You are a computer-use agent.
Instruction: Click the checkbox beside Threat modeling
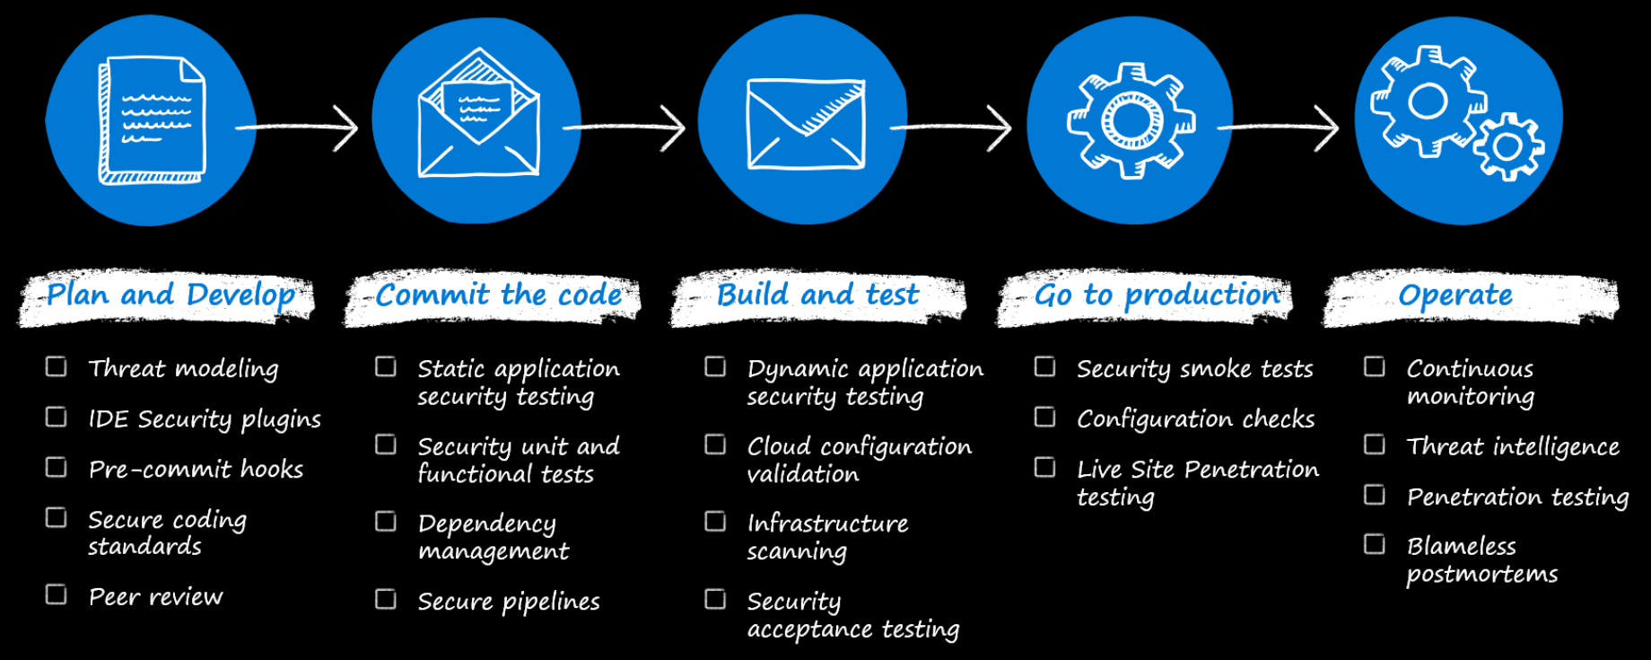pos(57,366)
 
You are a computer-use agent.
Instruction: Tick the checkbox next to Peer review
pos(57,594)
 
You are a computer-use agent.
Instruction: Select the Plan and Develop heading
pos(170,295)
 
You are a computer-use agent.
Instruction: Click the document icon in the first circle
pos(152,120)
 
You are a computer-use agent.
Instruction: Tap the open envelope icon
pos(478,114)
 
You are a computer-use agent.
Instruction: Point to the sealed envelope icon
pos(806,124)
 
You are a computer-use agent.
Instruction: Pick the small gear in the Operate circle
pos(1508,146)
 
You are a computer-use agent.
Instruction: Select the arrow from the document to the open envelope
pos(298,128)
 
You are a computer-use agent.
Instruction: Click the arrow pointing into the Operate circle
pos(1279,128)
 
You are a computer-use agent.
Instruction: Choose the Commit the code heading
pos(498,295)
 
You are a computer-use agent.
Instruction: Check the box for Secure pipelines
pos(386,599)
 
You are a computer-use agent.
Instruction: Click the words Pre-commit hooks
pos(196,469)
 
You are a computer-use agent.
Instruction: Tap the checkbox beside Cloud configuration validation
pos(715,444)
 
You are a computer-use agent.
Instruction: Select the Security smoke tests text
pos(1194,368)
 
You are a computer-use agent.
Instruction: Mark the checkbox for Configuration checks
pos(1044,417)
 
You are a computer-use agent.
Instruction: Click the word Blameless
pos(1461,546)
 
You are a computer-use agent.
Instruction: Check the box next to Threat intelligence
pos(1375,444)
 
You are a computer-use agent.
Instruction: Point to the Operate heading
pos(1454,295)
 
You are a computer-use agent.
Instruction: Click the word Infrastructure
pos(827,523)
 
